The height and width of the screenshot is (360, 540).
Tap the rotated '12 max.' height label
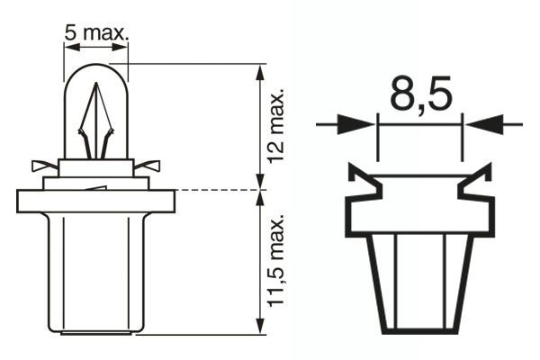276,126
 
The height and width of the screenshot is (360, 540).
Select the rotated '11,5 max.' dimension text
276,262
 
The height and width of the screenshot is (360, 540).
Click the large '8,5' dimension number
419,94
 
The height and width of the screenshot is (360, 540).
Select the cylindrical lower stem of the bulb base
95,270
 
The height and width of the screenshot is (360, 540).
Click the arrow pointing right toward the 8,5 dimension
346,125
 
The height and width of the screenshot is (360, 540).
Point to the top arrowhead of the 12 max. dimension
261,72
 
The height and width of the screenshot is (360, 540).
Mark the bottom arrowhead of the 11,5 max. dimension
261,326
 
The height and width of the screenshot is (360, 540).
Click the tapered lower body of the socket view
419,279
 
